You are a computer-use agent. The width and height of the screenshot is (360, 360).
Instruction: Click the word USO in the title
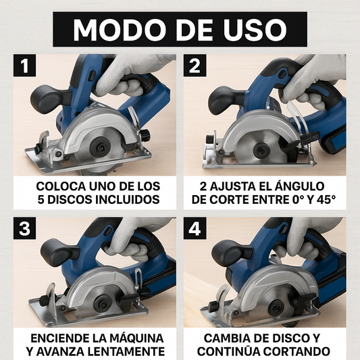click(255, 30)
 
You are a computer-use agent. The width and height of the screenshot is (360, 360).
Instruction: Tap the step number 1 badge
click(24, 66)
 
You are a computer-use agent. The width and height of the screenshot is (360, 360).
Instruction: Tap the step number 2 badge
click(195, 66)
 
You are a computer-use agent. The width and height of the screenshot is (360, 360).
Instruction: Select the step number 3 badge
click(24, 228)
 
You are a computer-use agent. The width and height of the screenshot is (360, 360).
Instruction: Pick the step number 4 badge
click(195, 228)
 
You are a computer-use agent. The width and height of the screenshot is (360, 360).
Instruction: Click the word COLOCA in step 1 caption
click(61, 186)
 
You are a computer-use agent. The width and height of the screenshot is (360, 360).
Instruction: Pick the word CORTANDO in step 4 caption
click(297, 351)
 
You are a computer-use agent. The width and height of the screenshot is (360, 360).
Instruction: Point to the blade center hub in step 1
click(101, 147)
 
